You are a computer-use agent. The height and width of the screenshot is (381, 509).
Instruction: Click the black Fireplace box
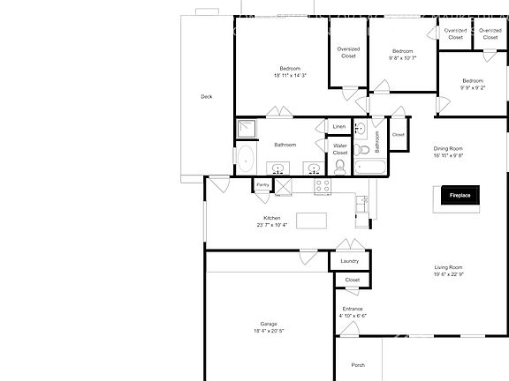460,196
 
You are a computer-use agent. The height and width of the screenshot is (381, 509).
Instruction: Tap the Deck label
206,97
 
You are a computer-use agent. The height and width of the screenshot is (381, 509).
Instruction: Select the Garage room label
269,324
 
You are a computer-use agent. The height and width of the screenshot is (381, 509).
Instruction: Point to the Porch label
358,364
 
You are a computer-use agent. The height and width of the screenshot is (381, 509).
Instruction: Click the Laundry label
350,261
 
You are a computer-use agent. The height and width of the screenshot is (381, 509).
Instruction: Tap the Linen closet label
339,127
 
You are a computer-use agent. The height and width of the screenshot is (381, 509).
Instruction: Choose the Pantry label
262,185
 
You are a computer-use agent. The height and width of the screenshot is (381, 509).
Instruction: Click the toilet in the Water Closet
340,167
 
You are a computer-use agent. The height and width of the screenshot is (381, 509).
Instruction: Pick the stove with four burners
323,185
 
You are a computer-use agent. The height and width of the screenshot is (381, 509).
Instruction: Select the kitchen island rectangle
311,220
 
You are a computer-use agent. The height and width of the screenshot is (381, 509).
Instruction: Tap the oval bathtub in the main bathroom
245,161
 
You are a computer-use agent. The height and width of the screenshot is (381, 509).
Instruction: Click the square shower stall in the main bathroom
246,130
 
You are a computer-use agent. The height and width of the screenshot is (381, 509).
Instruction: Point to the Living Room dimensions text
449,274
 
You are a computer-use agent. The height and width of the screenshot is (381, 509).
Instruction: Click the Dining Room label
449,147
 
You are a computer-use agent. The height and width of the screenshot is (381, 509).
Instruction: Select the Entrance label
353,308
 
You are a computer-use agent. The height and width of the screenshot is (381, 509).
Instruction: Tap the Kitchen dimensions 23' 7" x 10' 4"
272,225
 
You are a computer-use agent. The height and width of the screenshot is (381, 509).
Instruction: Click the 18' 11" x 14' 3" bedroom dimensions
290,76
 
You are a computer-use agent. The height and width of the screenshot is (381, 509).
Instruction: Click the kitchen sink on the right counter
362,203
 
